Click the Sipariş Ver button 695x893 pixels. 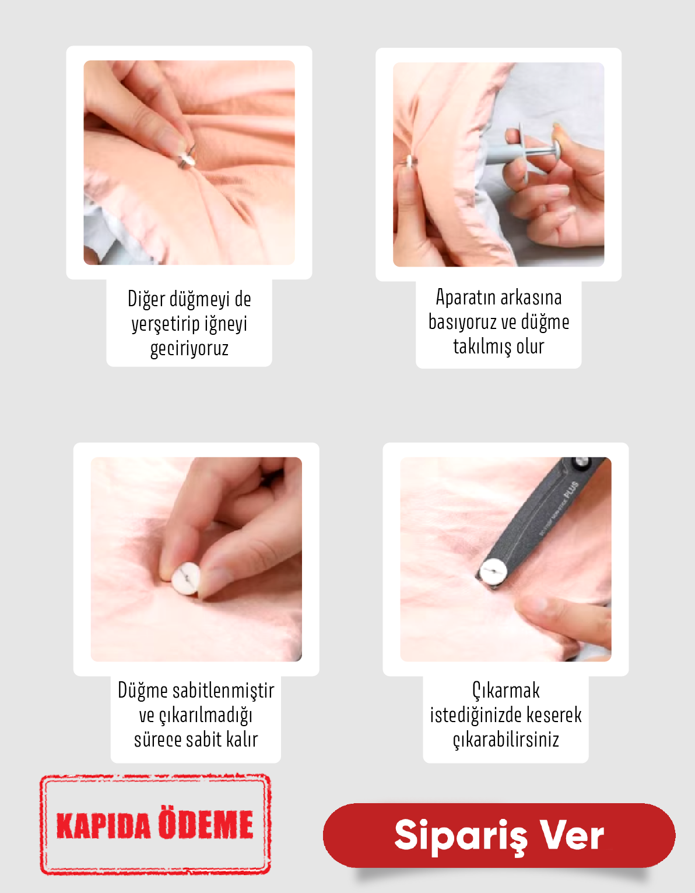pyautogui.click(x=499, y=835)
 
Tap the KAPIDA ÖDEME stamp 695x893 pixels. pyautogui.click(x=155, y=824)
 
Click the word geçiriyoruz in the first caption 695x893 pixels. pyautogui.click(x=189, y=348)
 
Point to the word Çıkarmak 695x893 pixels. pyautogui.click(x=506, y=691)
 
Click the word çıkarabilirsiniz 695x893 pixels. pyautogui.click(x=506, y=740)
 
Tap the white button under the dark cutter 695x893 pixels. pyautogui.click(x=493, y=571)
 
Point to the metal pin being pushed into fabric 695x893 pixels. pyautogui.click(x=187, y=159)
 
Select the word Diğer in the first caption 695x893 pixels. pyautogui.click(x=146, y=299)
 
